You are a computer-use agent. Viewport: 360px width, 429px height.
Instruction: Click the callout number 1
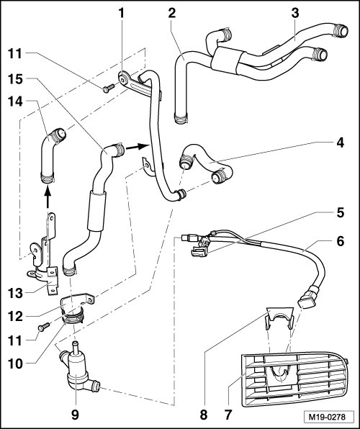[121, 13]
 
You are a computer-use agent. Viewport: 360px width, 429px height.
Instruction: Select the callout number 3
[295, 13]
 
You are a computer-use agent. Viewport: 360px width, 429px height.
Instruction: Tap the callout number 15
[15, 79]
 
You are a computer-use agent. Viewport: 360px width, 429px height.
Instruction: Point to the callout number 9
[75, 415]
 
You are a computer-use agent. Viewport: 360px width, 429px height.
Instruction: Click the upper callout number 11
[15, 53]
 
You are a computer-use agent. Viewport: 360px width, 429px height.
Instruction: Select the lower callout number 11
[15, 341]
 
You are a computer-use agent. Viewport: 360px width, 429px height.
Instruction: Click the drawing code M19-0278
[327, 417]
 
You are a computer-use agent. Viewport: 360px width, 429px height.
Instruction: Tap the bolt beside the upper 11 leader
[109, 88]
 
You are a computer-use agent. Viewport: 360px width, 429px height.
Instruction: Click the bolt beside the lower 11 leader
[44, 327]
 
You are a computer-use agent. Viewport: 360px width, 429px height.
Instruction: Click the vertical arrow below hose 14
[48, 196]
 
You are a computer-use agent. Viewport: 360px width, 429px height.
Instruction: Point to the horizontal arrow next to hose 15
[137, 147]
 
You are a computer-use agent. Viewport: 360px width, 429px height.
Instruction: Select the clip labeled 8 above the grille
[279, 317]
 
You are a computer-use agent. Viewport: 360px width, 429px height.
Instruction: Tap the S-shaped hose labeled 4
[206, 162]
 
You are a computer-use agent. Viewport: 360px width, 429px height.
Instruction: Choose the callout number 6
[341, 242]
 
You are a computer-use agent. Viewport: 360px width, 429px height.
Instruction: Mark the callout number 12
[15, 317]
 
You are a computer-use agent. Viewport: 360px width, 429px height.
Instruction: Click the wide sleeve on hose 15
[96, 211]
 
